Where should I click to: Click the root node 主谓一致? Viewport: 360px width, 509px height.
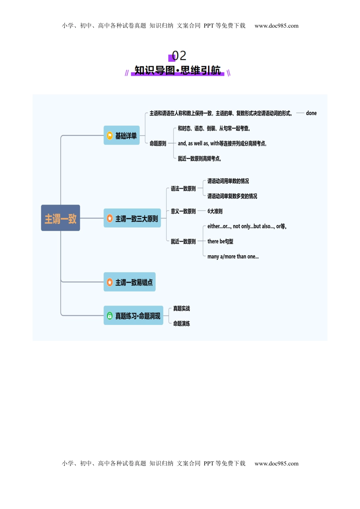coord(61,218)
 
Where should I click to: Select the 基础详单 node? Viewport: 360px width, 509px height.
coord(122,136)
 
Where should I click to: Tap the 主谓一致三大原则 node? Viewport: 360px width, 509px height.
coord(132,219)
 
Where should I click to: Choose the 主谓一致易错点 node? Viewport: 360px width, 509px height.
coord(130,282)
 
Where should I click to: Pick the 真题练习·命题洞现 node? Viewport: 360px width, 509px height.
coord(133,315)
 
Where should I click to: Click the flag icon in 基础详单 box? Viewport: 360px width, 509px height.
coord(110,136)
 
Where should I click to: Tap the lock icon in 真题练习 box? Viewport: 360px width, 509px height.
coord(110,315)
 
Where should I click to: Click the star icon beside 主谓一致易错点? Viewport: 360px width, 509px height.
coord(110,282)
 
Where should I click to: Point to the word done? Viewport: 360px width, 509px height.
coord(311,113)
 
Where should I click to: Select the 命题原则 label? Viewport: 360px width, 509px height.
coord(158,144)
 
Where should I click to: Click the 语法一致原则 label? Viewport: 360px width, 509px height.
coord(183,189)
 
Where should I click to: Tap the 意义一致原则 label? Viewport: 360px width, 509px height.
coord(183,211)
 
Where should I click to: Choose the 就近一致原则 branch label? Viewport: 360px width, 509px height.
coord(183,242)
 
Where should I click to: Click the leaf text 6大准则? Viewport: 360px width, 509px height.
coord(215,211)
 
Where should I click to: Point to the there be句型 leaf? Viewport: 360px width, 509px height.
coord(220,242)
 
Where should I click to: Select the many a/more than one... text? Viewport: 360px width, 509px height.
coord(233,257)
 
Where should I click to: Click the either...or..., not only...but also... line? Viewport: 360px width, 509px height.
coord(247,226)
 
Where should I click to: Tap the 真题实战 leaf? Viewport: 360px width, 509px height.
coord(182,309)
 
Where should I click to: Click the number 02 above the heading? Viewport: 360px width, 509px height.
coord(179,56)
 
